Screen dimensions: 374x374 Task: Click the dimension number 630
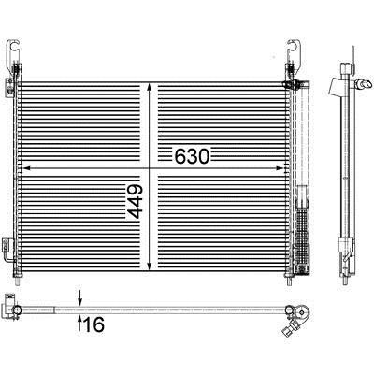192,156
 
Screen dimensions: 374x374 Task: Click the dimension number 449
135,202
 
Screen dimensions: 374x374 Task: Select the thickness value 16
94,324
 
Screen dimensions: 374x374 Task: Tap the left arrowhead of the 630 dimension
26,168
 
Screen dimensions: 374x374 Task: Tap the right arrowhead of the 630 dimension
280,168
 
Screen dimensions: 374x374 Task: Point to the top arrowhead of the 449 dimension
150,87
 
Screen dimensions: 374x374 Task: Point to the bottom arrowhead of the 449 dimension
150,266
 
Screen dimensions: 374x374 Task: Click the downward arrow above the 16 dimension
80,297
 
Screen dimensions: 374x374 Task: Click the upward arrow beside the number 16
80,323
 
